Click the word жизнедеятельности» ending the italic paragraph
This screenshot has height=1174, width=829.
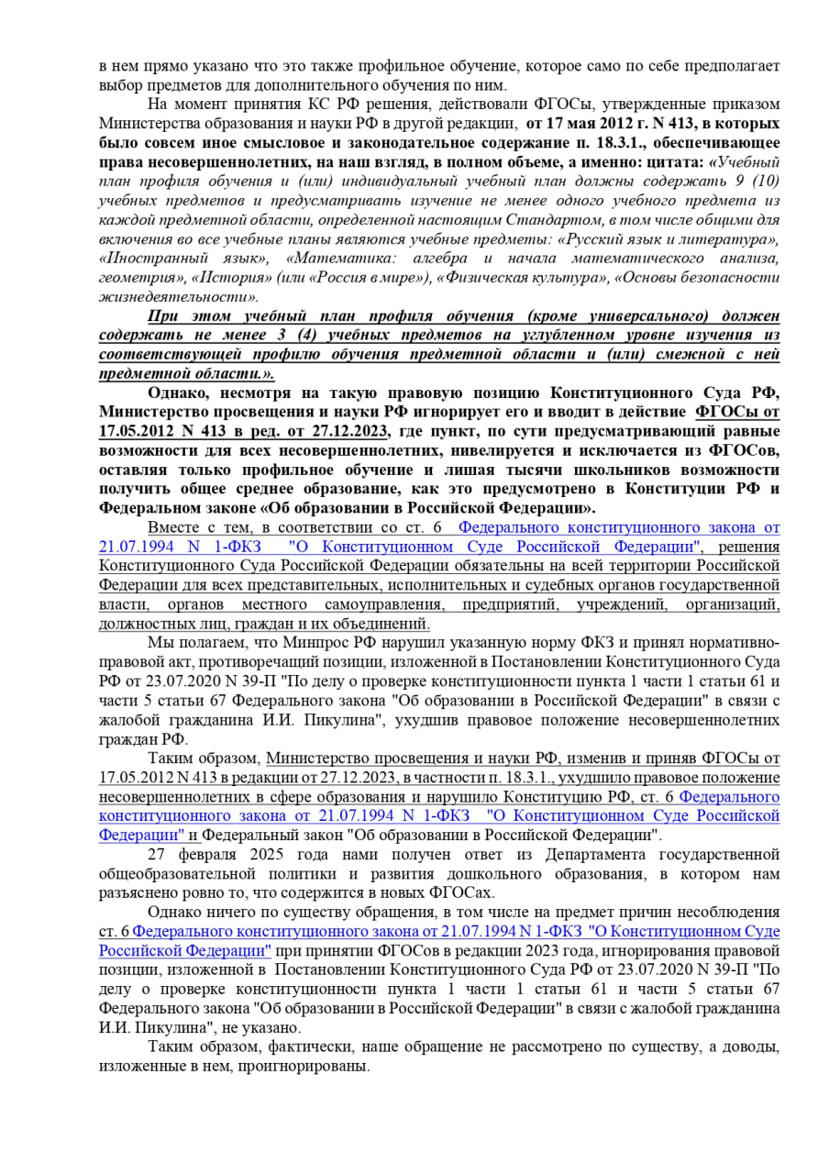point(178,297)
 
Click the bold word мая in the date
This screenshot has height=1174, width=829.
point(573,122)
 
